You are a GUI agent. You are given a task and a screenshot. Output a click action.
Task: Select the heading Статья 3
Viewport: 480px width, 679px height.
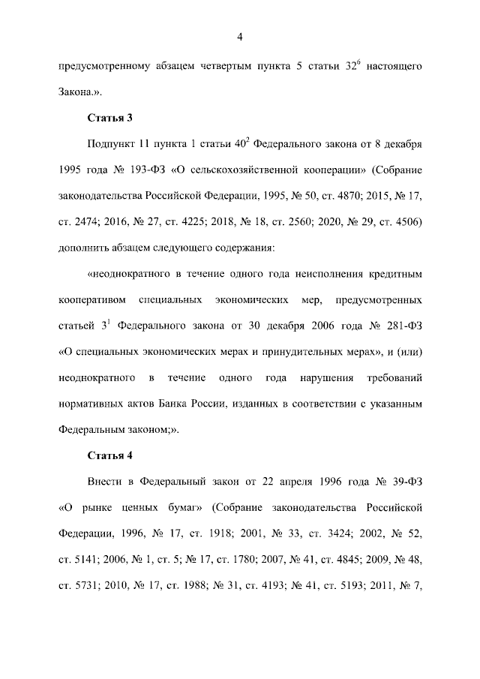(110, 118)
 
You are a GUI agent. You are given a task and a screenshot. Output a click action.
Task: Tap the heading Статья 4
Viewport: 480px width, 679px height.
(110, 455)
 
